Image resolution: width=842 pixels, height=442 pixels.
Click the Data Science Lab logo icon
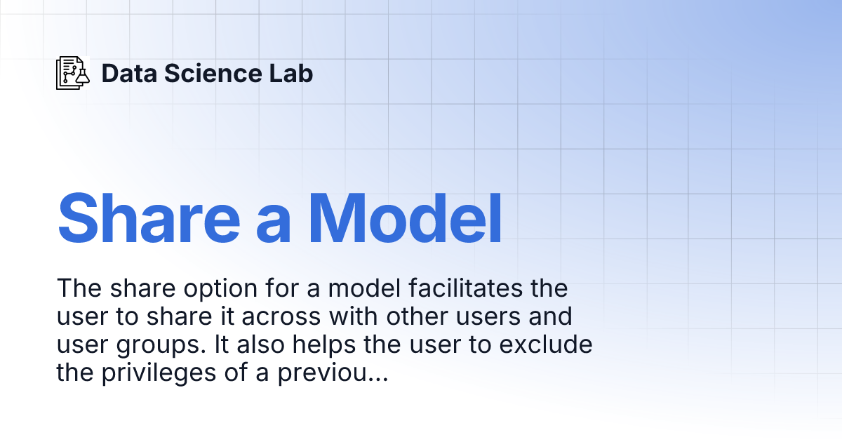(73, 73)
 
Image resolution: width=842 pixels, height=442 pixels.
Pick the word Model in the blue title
(406, 218)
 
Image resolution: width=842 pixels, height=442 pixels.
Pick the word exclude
(545, 345)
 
